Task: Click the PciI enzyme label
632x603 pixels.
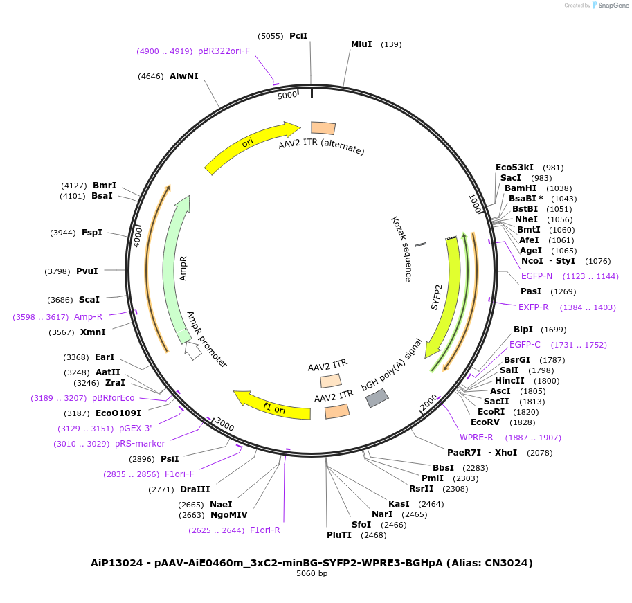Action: [x=298, y=35]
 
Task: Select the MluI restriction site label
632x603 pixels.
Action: [x=361, y=44]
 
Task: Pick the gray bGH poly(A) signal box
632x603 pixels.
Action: [x=377, y=397]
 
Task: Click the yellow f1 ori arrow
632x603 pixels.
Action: [x=271, y=406]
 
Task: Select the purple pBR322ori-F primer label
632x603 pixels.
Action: [x=224, y=51]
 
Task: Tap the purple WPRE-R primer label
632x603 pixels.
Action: [x=476, y=438]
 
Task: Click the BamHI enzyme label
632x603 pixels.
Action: [x=520, y=188]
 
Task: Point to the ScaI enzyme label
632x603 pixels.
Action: [x=89, y=300]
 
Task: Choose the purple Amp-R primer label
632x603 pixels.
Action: [x=88, y=317]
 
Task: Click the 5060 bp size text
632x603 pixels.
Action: [x=312, y=574]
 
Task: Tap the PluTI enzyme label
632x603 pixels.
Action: [x=339, y=534]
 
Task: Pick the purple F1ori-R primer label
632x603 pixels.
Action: [x=264, y=530]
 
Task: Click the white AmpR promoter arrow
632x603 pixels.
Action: [x=193, y=350]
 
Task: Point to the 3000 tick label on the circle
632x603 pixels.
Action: [x=224, y=423]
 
